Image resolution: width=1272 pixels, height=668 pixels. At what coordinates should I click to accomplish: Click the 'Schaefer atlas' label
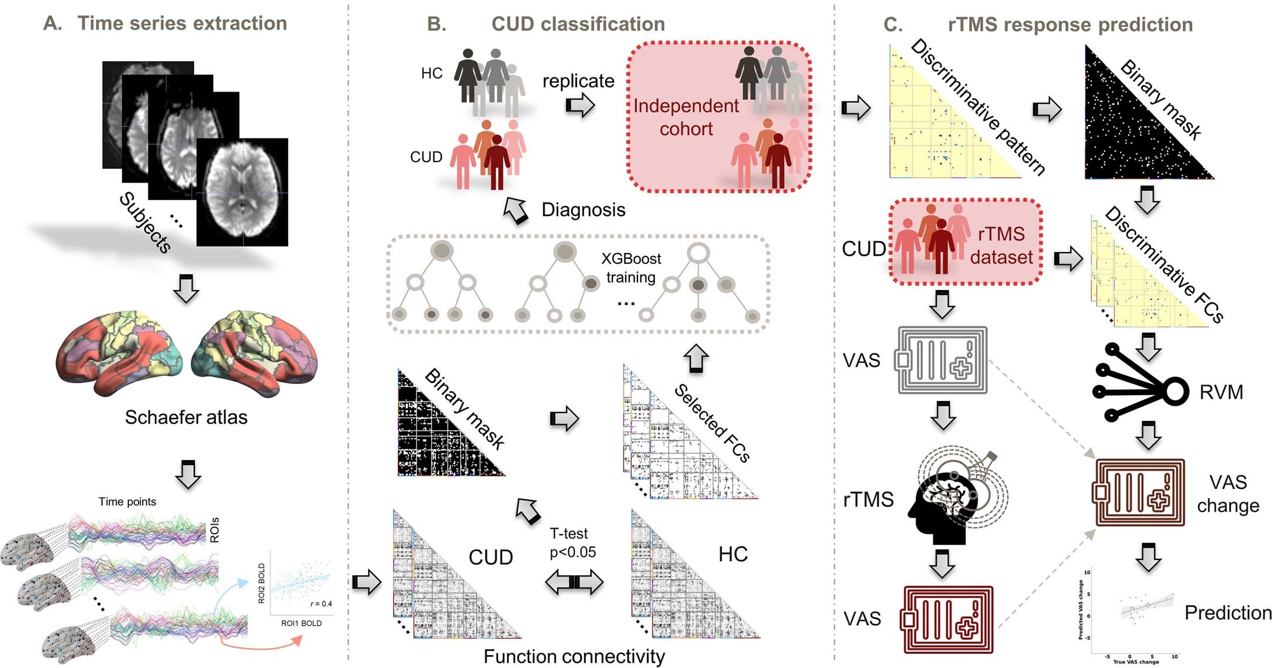click(186, 417)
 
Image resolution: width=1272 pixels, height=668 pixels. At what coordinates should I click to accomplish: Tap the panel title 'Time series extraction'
click(182, 23)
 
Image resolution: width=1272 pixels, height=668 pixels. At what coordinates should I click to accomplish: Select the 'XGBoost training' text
click(631, 268)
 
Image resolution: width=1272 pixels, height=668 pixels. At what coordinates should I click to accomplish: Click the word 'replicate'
click(578, 81)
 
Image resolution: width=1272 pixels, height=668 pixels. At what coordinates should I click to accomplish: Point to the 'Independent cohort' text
click(686, 117)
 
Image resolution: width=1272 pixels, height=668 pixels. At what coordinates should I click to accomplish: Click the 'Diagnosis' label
click(583, 210)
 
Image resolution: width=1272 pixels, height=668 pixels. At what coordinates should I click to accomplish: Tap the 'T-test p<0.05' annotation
click(572, 543)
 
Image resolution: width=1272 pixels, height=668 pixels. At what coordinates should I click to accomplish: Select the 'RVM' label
click(1221, 392)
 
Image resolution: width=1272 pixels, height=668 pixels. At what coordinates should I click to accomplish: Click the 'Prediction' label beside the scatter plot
click(1227, 613)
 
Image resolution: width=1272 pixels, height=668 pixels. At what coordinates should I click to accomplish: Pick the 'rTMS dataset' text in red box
click(1001, 246)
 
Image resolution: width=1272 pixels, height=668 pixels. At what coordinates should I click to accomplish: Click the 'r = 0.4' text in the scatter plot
click(321, 603)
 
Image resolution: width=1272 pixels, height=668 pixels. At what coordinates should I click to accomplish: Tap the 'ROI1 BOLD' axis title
click(301, 623)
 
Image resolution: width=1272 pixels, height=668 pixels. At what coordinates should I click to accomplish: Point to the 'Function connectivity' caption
click(574, 657)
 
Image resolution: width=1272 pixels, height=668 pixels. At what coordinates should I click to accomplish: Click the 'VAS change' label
click(1228, 494)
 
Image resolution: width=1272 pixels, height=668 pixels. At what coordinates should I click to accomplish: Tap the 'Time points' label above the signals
click(127, 502)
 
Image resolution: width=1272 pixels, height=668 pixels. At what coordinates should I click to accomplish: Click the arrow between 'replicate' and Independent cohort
click(580, 106)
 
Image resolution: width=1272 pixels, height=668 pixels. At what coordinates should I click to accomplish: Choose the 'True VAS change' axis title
click(1136, 662)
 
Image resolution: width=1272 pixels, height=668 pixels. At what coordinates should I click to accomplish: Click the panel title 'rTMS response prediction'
click(1070, 25)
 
